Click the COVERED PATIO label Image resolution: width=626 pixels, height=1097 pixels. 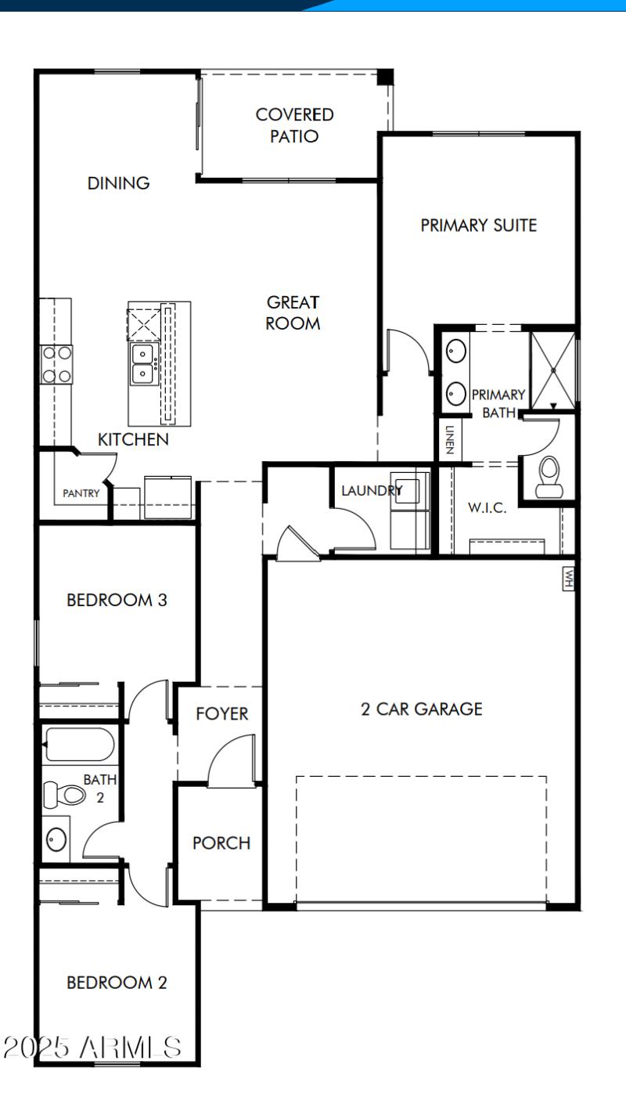(x=294, y=125)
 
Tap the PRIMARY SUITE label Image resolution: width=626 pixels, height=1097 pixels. (x=479, y=226)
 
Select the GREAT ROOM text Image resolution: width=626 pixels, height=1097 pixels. (x=293, y=312)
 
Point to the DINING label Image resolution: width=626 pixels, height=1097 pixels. (x=118, y=183)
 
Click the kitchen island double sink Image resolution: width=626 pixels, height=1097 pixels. (x=143, y=362)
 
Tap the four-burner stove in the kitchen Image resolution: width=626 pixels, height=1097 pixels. (x=57, y=364)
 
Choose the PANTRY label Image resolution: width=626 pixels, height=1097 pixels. (x=81, y=493)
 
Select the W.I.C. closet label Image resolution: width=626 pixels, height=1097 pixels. (x=487, y=507)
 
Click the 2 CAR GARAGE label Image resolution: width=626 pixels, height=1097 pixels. (x=421, y=709)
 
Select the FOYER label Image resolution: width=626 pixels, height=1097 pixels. (x=222, y=713)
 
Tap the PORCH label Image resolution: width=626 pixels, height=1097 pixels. (x=221, y=843)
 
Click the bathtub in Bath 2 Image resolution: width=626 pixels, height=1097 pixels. (x=79, y=745)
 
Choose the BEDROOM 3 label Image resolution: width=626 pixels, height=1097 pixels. (x=117, y=601)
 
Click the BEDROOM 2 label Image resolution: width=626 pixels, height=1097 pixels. (x=117, y=983)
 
